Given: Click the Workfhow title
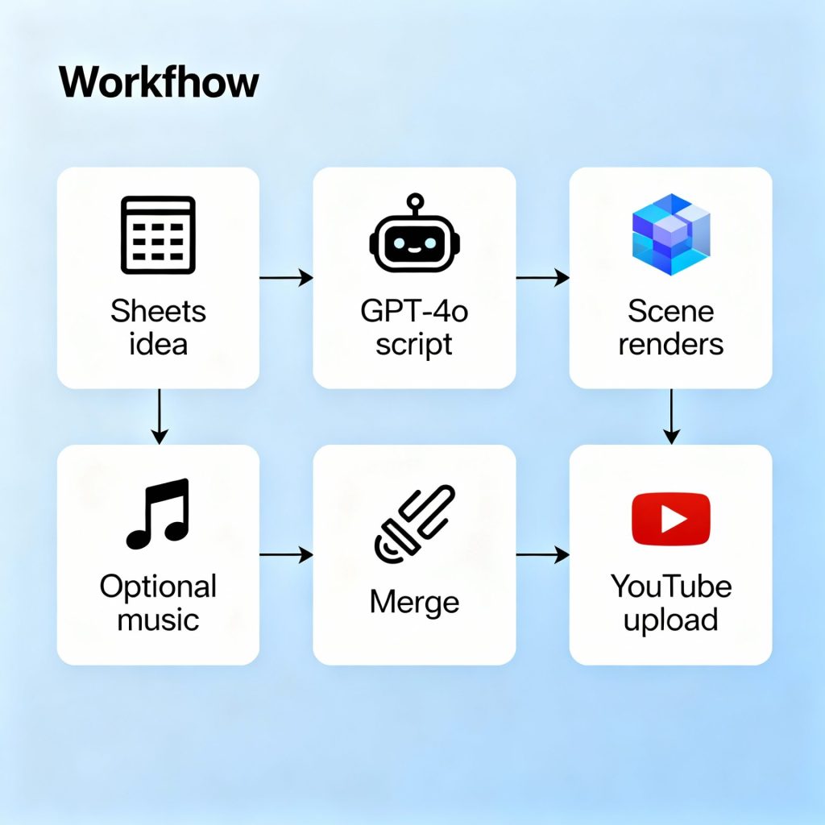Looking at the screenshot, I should click(160, 82).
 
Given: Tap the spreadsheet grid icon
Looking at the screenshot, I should click(158, 234).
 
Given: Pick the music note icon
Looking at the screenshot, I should click(158, 513).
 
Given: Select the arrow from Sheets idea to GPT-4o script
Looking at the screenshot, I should click(286, 278).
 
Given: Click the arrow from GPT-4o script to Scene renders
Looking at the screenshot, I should click(542, 278).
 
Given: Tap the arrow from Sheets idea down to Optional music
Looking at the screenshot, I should click(160, 416).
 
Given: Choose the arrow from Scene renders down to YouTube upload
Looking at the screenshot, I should click(671, 416).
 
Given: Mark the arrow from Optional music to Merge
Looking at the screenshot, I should click(286, 554).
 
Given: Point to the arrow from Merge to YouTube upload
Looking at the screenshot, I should click(542, 554).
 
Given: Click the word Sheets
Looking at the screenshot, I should click(158, 311).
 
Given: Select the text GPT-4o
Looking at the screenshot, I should click(414, 311).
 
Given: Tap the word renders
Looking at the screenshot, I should click(670, 344).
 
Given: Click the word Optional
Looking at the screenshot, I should click(158, 587).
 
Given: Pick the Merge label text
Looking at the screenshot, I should click(414, 602).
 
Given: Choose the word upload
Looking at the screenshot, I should click(670, 620).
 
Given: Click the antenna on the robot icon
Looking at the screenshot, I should click(414, 201).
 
